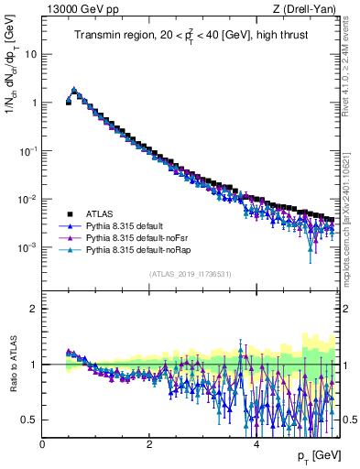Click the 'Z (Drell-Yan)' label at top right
click(306, 8)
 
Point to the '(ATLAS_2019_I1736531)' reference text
click(189, 273)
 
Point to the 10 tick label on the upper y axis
click(31, 54)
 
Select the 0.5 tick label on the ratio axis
click(28, 420)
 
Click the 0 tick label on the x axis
click(42, 444)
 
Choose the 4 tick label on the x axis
click(256, 444)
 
